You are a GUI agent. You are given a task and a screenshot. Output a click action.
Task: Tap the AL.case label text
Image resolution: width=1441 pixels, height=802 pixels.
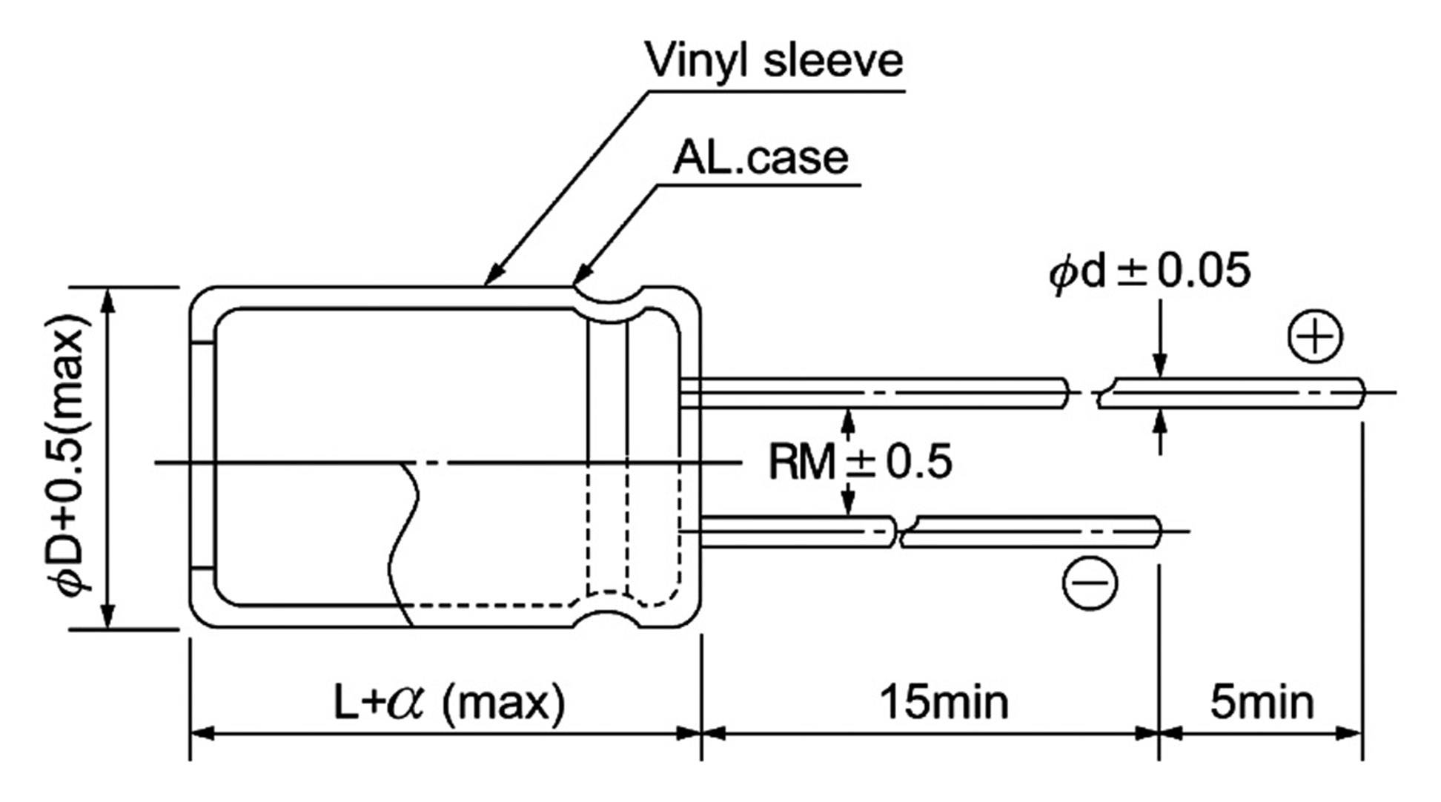click(760, 158)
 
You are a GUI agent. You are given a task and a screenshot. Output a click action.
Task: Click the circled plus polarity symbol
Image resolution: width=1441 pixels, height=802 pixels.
click(1315, 337)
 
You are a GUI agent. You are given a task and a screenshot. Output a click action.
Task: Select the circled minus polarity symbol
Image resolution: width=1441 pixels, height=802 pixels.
click(1089, 583)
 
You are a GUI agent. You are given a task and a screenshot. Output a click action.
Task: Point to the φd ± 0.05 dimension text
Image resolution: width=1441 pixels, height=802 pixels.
click(1149, 271)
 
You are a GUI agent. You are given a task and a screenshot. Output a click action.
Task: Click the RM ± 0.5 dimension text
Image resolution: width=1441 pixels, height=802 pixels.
click(859, 462)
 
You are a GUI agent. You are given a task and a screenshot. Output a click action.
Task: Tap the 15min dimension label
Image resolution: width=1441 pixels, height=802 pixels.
click(944, 702)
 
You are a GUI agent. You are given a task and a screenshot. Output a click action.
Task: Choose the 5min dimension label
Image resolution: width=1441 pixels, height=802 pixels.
click(1262, 702)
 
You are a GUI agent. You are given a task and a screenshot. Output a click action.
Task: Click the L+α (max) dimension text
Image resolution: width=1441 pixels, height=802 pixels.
click(449, 702)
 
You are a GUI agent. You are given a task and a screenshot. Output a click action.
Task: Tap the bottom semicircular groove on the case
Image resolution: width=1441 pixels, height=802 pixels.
click(608, 617)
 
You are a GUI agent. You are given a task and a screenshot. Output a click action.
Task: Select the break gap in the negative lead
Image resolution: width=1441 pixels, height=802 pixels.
click(898, 532)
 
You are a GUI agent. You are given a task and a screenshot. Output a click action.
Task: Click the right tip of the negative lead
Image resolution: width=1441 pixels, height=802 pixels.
click(1158, 531)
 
